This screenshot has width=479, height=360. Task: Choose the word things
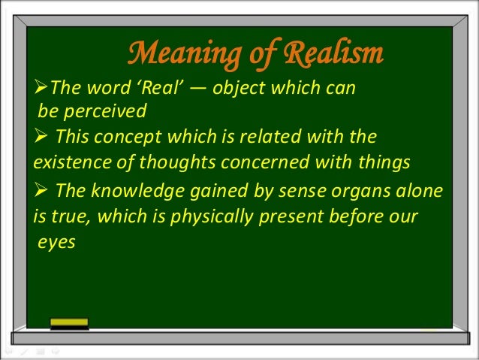click(x=381, y=161)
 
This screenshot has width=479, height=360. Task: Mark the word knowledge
click(x=132, y=192)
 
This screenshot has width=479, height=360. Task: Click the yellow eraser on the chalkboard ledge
click(x=68, y=323)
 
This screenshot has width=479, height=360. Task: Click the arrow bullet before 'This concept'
click(x=41, y=138)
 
